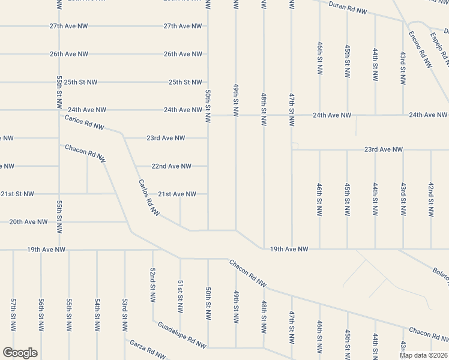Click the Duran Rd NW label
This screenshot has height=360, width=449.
point(349,9)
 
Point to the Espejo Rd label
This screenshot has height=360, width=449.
point(439,46)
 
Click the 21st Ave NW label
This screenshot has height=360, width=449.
point(177,194)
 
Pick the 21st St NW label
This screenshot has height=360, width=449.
point(17,194)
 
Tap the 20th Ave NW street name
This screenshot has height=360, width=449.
point(28,222)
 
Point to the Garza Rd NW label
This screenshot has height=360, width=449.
point(148,350)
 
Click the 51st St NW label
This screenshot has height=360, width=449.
point(180,296)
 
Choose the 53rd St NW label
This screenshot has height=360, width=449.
point(125,314)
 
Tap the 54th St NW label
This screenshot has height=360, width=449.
point(97,314)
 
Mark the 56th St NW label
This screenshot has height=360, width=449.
point(41,314)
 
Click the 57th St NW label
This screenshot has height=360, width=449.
point(13,314)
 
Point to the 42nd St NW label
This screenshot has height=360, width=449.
point(431,199)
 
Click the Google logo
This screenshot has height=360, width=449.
point(20,353)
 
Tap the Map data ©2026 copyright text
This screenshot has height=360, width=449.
point(423,355)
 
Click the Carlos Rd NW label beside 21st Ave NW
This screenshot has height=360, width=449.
point(149,197)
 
